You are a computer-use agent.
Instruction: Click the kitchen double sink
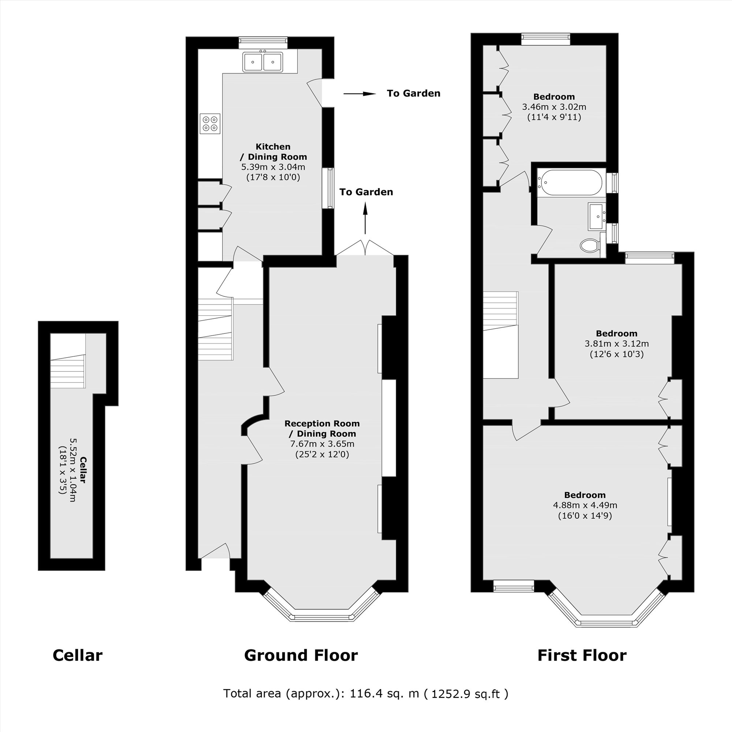coord(263,62)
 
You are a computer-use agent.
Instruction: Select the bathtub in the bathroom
coord(571,182)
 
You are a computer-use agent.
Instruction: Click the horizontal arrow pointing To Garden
coord(359,94)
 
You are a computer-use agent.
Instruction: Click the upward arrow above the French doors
coord(365,218)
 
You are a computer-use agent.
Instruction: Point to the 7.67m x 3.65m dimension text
coord(322,444)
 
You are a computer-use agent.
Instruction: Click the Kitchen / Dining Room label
coord(273,152)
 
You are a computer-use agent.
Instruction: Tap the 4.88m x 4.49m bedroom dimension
coord(585,505)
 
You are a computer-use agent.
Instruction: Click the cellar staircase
coord(68,371)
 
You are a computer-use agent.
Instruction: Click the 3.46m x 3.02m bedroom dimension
coord(554,107)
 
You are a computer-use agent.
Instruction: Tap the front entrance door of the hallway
coord(215,551)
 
